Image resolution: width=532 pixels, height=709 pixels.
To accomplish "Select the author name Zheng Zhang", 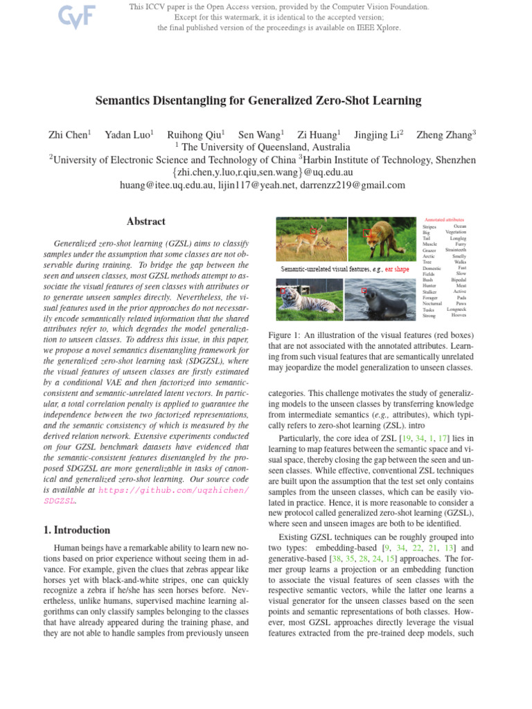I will coord(444,135).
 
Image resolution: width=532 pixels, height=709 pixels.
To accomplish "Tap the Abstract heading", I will coord(145,222).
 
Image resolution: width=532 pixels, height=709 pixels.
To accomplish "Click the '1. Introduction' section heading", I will coord(72,530).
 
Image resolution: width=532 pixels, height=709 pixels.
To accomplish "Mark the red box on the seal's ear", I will coord(364,291).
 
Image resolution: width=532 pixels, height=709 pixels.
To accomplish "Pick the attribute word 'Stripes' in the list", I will coord(429,226).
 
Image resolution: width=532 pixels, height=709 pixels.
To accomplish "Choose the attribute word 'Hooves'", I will coord(458,315).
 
